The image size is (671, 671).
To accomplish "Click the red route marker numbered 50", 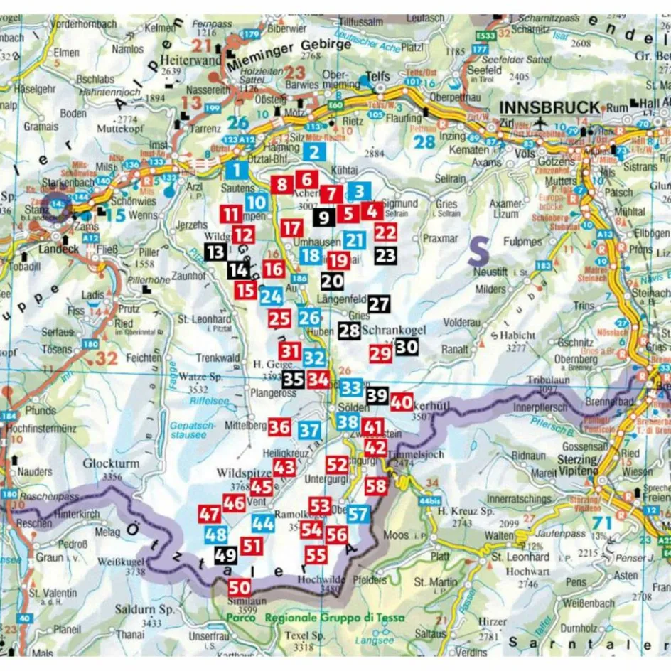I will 240,587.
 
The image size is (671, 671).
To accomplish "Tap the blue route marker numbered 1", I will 237,170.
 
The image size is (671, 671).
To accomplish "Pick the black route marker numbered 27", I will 380,304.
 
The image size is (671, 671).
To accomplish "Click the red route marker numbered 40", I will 402,401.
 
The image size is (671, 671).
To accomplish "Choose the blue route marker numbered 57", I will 359,514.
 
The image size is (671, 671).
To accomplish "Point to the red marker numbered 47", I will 210,514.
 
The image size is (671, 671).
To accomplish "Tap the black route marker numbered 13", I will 215,251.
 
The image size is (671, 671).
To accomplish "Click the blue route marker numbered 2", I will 314,151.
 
